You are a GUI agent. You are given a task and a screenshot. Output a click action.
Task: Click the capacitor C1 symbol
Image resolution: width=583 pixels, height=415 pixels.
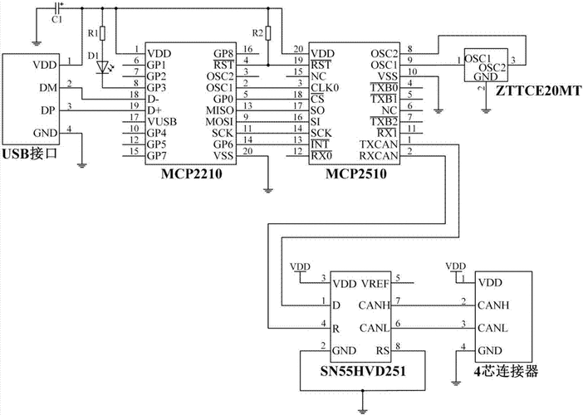(57, 7)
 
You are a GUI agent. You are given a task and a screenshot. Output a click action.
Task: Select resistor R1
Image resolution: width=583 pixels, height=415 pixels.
(103, 33)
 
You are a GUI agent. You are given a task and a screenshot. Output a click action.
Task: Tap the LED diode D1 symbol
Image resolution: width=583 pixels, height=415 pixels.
(103, 67)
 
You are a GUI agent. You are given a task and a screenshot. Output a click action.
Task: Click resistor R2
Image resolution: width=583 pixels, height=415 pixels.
(267, 33)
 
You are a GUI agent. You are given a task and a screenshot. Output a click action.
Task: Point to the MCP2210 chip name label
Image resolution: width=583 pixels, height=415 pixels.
(192, 173)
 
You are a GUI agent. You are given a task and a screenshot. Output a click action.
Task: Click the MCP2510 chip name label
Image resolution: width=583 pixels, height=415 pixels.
(356, 173)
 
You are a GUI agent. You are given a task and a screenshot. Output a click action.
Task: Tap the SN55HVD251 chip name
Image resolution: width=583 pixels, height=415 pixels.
(363, 371)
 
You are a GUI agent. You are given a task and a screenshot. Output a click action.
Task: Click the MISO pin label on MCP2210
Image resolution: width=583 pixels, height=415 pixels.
(220, 110)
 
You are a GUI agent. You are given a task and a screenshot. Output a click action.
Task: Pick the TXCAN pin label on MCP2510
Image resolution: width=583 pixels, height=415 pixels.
(379, 144)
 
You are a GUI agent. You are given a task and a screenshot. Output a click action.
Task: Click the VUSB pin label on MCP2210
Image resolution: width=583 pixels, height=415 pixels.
(162, 121)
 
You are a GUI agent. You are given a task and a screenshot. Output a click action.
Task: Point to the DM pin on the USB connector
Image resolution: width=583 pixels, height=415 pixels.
(48, 88)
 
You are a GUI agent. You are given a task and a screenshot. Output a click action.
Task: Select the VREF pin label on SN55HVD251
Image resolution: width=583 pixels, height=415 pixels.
(375, 284)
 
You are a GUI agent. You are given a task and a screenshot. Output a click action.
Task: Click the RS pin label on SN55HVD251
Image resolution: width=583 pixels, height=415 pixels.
(383, 351)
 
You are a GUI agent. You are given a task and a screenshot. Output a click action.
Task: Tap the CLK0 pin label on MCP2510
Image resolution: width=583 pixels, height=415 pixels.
(325, 88)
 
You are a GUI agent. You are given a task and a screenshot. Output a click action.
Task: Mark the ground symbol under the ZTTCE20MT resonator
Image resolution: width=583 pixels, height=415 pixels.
(486, 110)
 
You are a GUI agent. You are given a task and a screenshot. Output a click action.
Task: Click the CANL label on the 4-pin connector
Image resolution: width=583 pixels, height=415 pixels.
(492, 328)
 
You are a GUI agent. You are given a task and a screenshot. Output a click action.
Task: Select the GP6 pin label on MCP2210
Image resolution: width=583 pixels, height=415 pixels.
(223, 144)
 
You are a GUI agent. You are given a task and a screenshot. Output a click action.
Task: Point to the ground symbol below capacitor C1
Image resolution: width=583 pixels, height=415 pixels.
(36, 43)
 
